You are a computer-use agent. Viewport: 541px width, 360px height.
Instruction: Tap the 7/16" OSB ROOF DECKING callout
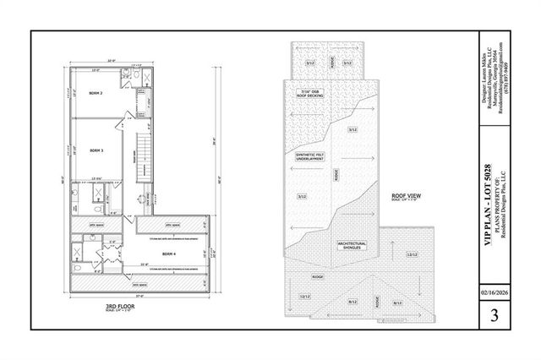[312, 93]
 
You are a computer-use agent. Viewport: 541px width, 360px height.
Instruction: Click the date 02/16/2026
[493, 296]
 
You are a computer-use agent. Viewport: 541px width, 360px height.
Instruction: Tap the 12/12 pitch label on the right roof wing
[413, 254]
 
